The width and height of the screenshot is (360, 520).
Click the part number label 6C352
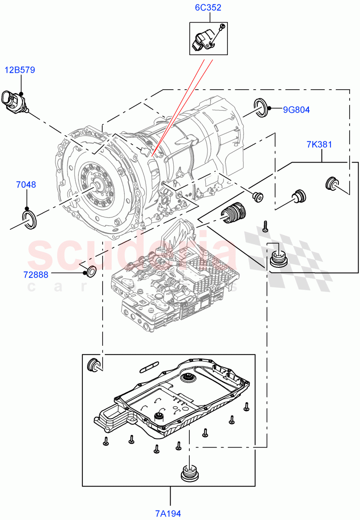tap(208, 8)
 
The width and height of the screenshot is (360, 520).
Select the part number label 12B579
tap(20, 70)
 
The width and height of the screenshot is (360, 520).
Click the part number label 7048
tap(26, 185)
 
